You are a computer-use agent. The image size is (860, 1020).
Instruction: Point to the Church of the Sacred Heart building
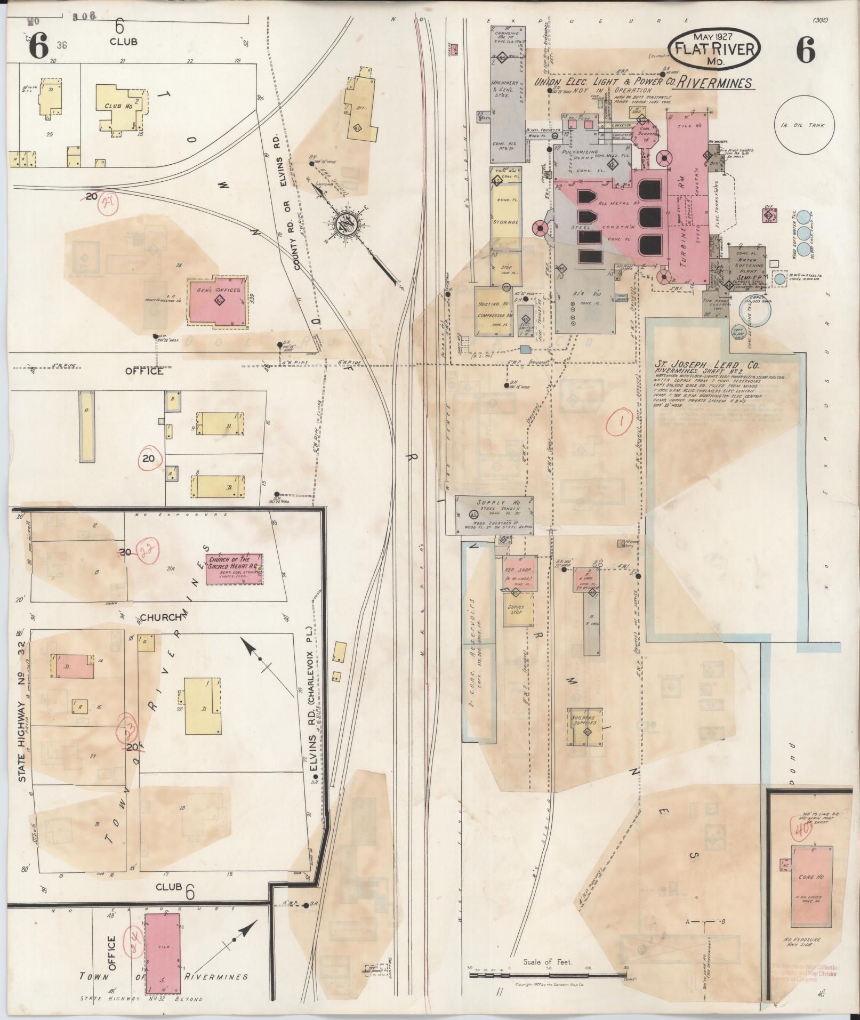[x=234, y=569]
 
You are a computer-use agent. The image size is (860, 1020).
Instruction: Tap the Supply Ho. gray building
[x=494, y=515]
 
